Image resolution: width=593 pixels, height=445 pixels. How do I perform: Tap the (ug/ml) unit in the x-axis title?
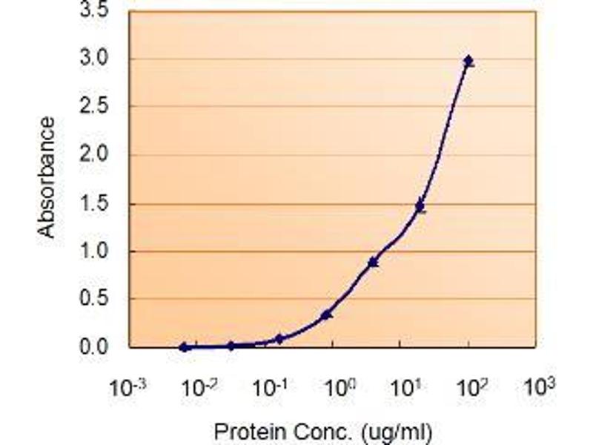(x=397, y=430)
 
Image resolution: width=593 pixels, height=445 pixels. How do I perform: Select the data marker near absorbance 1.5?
(x=420, y=207)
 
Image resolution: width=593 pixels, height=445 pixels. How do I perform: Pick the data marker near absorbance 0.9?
(x=374, y=262)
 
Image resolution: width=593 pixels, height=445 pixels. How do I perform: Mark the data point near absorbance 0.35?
(x=327, y=314)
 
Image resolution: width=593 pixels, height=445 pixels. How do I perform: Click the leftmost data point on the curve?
(x=184, y=346)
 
